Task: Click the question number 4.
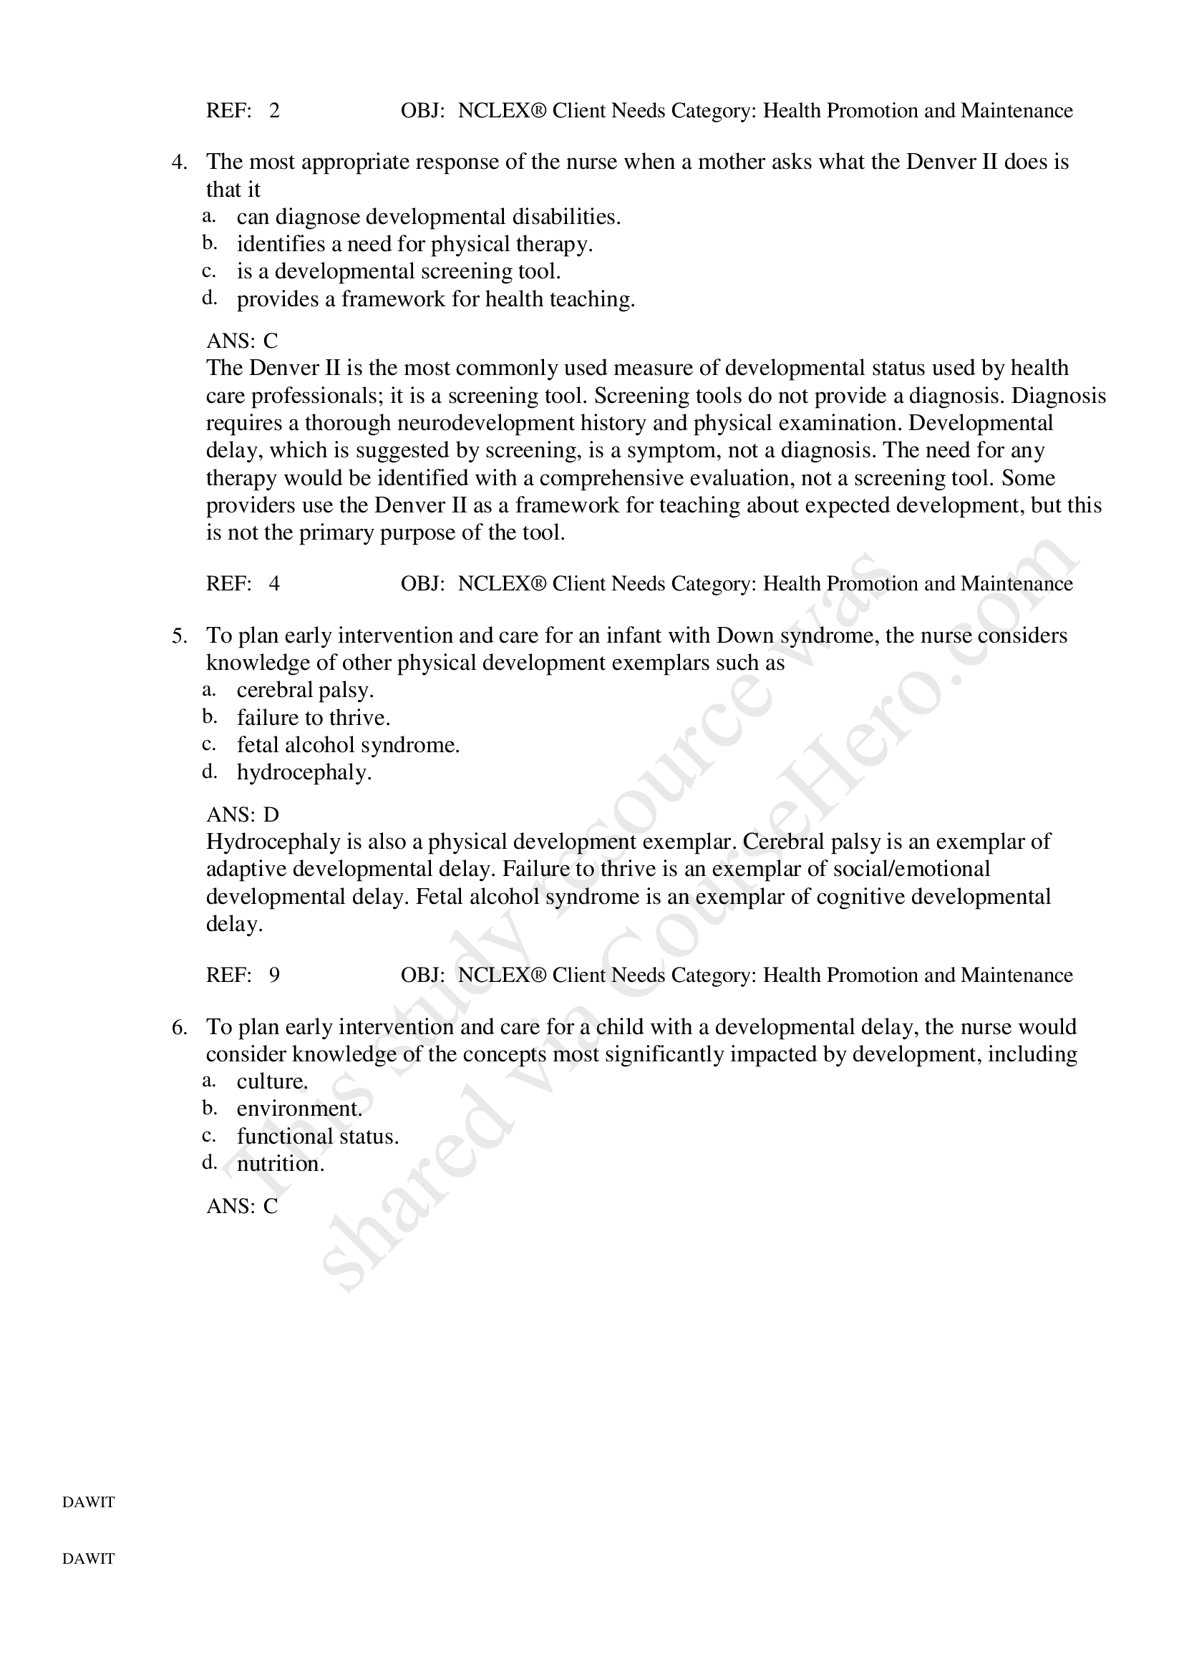coord(179,162)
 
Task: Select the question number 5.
coord(179,636)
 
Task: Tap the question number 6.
coord(179,1027)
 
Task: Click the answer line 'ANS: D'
coord(242,814)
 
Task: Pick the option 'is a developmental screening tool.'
coord(398,271)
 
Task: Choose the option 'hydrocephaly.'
coord(304,772)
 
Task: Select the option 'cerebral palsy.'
coord(305,690)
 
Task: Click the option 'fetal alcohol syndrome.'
coord(348,745)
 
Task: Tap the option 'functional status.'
coord(317,1136)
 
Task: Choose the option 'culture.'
coord(272,1081)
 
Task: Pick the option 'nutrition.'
coord(280,1164)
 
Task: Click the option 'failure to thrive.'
coord(314,717)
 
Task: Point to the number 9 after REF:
coord(274,975)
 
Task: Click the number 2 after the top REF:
coord(274,111)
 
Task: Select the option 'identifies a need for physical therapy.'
coord(414,243)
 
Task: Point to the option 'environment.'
coord(299,1109)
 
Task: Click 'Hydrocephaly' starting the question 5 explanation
coord(273,842)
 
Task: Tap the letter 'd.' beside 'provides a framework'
coord(209,298)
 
